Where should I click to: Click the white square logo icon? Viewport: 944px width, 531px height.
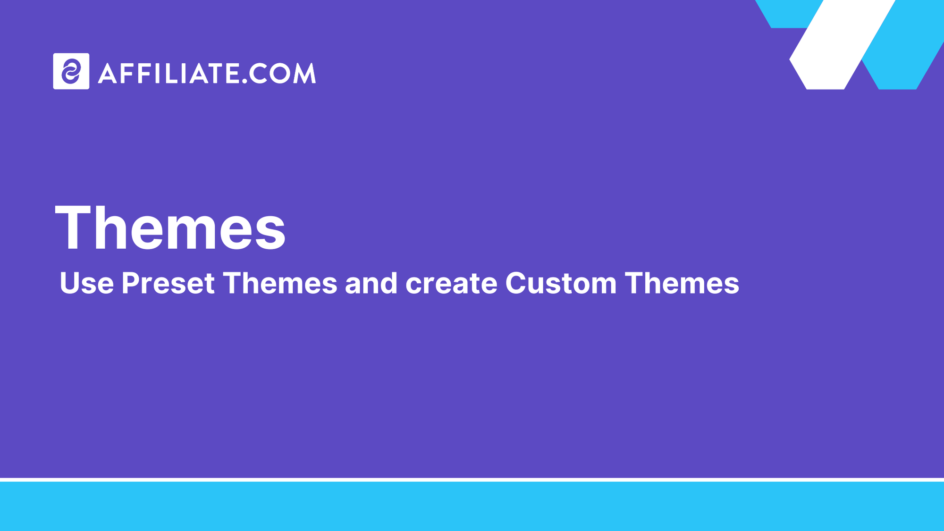[x=71, y=71]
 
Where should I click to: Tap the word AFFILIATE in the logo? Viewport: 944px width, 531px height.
[x=168, y=73]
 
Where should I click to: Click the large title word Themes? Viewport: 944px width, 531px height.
[x=170, y=228]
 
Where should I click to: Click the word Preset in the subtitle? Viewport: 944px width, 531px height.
[x=168, y=283]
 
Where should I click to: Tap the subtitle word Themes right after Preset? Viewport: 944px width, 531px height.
[x=280, y=283]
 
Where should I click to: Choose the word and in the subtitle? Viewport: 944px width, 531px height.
[x=371, y=283]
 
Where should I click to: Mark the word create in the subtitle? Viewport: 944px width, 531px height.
[x=451, y=283]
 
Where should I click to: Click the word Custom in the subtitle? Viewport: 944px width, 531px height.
[x=561, y=283]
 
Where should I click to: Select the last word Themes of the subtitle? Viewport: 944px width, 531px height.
[x=682, y=283]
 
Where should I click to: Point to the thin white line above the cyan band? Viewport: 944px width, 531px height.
[x=472, y=480]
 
